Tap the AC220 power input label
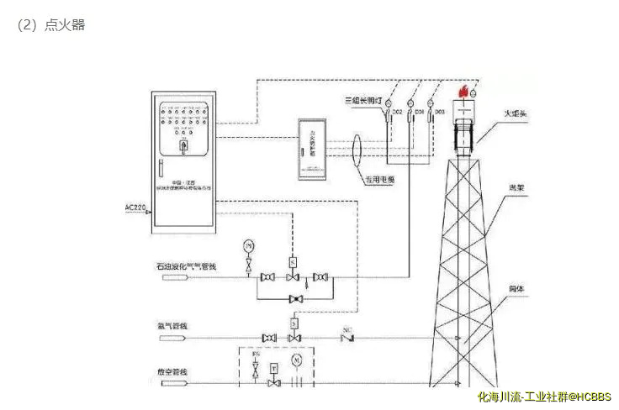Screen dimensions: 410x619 click(136, 207)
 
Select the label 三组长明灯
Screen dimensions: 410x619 click(363, 101)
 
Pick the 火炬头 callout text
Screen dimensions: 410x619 click(515, 113)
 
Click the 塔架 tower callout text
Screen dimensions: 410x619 click(516, 189)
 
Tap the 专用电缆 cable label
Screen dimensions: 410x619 click(380, 179)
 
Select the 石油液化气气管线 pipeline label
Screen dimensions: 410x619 click(186, 267)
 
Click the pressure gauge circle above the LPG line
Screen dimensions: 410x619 click(248, 245)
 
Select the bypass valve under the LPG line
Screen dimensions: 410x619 click(294, 299)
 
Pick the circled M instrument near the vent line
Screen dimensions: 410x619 click(295, 360)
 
